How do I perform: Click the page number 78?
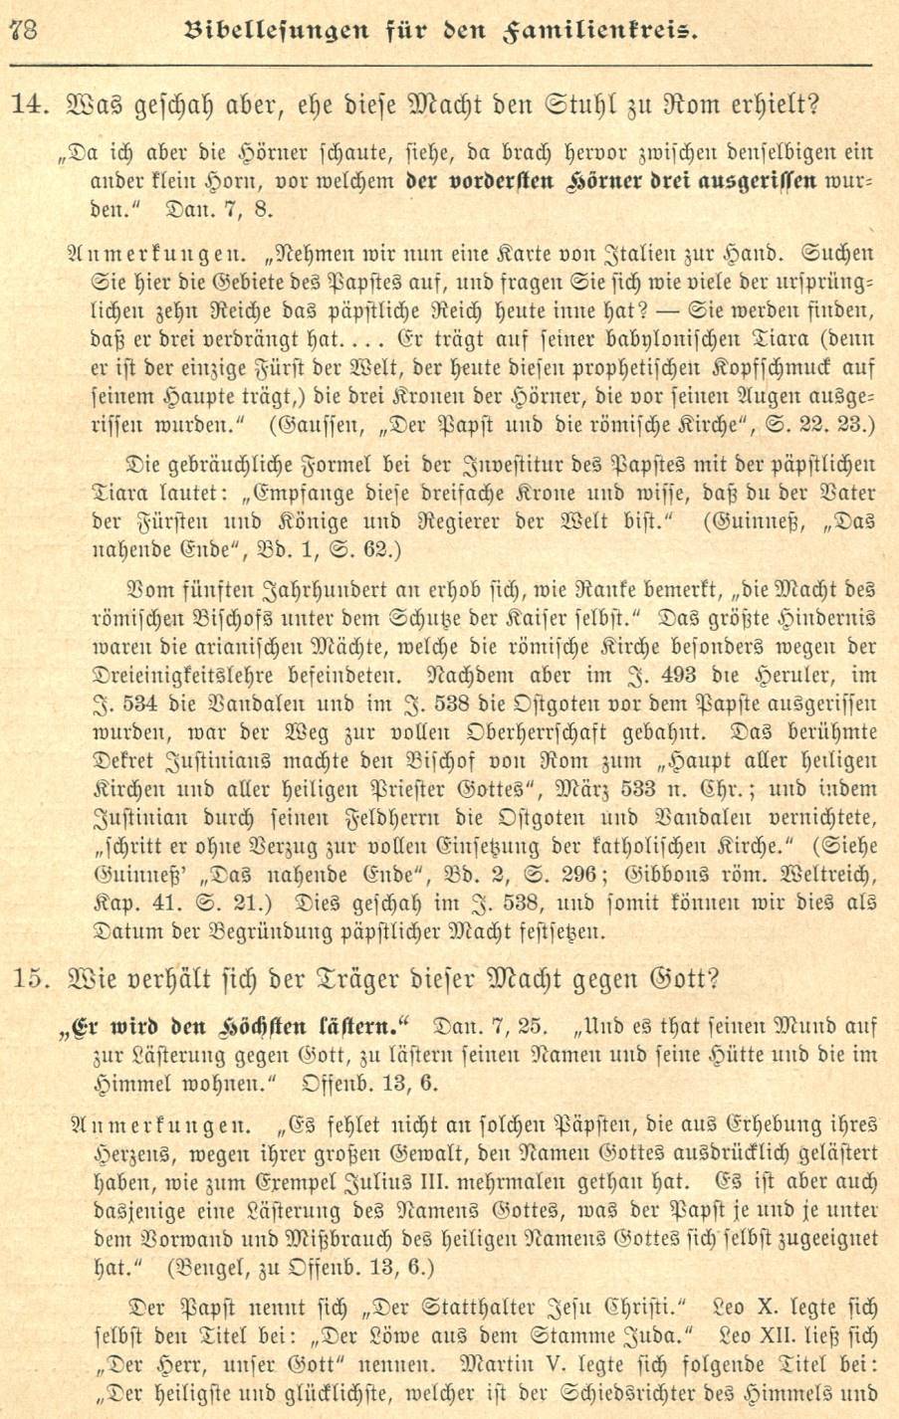[22, 29]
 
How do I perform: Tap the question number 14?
[29, 104]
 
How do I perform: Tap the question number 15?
[30, 979]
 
